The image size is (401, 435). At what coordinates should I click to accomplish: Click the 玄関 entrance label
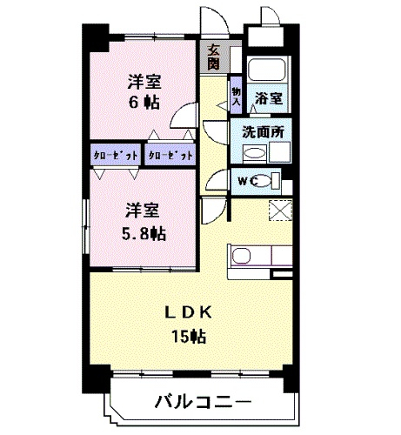point(214,57)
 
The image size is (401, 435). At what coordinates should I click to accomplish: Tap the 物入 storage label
point(236,95)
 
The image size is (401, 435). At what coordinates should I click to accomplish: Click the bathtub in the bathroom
point(266,72)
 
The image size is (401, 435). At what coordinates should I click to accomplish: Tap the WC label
point(246,180)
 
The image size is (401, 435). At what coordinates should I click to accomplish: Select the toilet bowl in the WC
point(272,180)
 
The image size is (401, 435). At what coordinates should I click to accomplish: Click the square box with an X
point(281,211)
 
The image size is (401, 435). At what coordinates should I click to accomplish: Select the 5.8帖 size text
point(144,233)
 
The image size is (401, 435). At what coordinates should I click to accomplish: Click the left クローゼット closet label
point(115,156)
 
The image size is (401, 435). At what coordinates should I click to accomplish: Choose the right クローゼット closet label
point(170,156)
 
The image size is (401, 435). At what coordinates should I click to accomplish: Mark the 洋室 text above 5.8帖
point(143,210)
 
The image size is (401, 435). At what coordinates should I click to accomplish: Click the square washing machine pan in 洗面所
point(282,152)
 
